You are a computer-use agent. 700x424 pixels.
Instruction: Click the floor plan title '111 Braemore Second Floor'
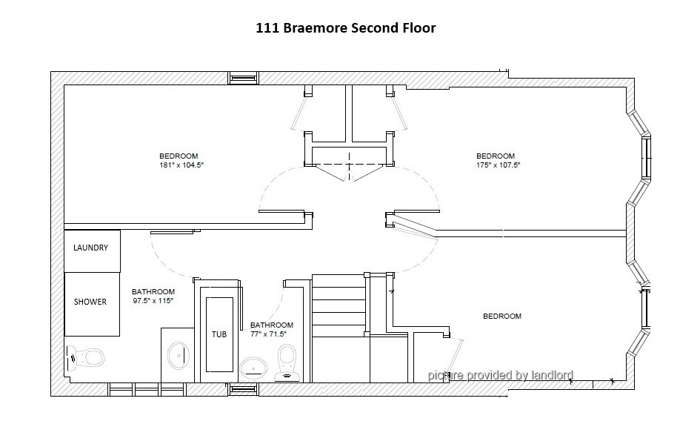[345, 28]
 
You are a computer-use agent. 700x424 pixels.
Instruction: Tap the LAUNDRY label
[90, 248]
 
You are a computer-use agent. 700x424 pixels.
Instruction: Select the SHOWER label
[90, 302]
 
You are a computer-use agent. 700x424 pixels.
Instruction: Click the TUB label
[219, 334]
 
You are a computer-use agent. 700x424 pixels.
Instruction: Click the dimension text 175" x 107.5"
[499, 165]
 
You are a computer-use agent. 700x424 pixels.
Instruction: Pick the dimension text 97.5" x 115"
[153, 301]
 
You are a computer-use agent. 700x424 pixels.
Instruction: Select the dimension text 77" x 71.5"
[268, 334]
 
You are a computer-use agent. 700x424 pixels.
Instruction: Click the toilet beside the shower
[85, 357]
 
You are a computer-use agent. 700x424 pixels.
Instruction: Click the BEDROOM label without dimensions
[502, 317]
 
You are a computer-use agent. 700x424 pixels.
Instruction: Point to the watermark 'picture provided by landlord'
[501, 375]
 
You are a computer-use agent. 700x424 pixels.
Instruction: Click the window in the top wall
[244, 78]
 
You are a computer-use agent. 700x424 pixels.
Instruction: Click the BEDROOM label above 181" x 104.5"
[179, 156]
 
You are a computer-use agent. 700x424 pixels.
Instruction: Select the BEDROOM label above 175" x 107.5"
[496, 156]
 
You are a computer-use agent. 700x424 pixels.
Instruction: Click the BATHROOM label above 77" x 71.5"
[271, 325]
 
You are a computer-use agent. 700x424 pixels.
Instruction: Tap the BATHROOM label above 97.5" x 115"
[153, 292]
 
